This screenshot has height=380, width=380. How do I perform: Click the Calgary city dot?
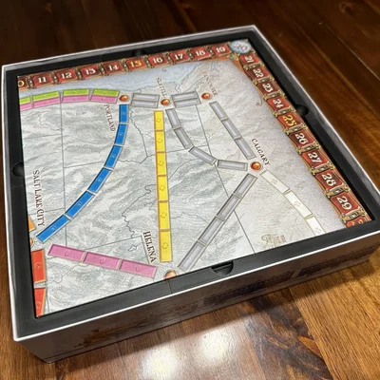coord(254,166)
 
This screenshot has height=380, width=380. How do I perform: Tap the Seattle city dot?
coord(165,99)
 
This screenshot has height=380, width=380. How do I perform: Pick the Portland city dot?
coord(124,96)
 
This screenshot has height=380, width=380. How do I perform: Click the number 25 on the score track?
coord(286,121)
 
